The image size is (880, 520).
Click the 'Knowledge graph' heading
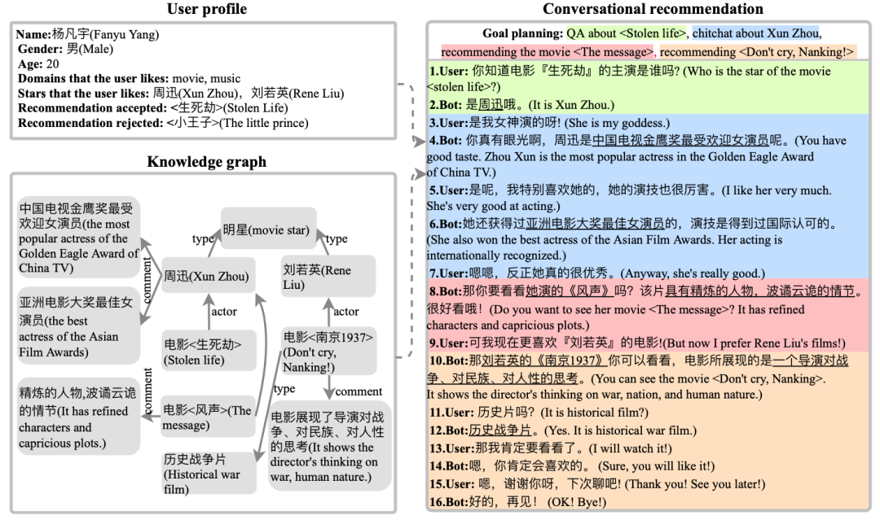point(206,161)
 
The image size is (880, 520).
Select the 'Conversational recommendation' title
point(653,9)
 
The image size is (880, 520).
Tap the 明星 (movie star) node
point(266,230)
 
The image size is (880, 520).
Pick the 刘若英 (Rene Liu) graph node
point(316,277)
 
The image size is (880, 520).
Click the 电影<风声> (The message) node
point(207,417)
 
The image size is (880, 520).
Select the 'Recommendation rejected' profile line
point(162,123)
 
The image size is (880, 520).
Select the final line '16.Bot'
point(517,501)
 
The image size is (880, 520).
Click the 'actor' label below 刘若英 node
point(345,312)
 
